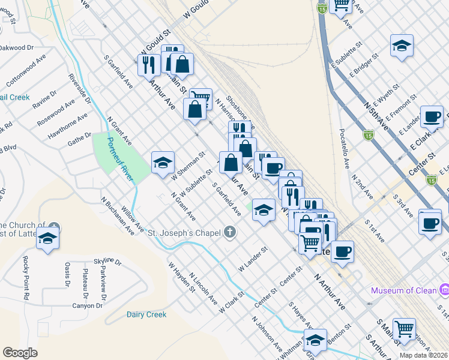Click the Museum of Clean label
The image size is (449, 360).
tap(403, 291)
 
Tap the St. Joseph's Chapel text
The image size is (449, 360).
tap(185, 232)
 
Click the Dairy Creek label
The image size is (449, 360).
tap(146, 314)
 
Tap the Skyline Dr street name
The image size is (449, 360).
tap(108, 262)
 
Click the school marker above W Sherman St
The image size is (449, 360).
tap(163, 163)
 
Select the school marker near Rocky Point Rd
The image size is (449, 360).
tap(47, 238)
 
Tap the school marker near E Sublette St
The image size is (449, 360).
tap(401, 46)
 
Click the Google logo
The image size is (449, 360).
tap(20, 353)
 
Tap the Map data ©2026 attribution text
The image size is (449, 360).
tap(424, 355)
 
